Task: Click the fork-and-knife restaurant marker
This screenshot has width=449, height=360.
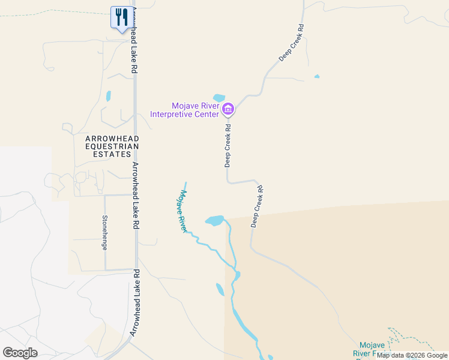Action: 121,17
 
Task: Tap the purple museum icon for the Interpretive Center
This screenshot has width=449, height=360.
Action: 228,109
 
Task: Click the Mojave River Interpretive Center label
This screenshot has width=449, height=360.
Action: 184,109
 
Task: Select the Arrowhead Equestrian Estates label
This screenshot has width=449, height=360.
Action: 112,146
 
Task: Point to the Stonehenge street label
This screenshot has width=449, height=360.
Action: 105,228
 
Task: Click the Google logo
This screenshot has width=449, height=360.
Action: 20,352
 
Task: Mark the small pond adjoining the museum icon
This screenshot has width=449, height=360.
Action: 219,98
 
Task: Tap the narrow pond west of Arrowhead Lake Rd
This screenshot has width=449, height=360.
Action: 109,95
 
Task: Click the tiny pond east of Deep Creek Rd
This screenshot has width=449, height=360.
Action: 316,77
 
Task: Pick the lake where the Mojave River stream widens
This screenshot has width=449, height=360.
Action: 214,220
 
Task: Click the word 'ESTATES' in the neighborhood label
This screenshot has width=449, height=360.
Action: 112,154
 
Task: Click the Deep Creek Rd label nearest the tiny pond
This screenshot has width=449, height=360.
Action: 292,43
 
